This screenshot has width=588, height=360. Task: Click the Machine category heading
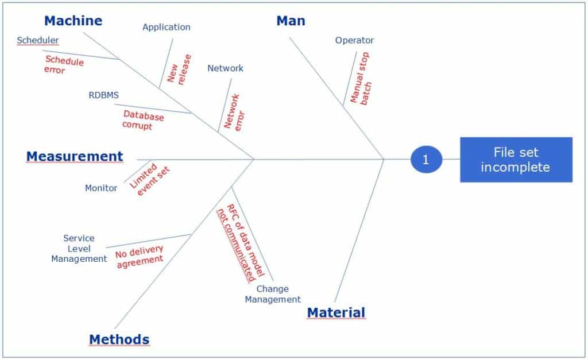coord(73,21)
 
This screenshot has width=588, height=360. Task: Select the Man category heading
coord(291,21)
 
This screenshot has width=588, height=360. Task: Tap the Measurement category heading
coord(75,156)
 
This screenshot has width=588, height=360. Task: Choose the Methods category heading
coord(119,339)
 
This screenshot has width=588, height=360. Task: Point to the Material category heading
coord(336,312)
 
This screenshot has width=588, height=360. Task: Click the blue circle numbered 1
coord(426,160)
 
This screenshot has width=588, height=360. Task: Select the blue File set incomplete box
coord(516,160)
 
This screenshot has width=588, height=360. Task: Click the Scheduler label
coord(38,40)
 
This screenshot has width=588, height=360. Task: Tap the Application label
coord(167,27)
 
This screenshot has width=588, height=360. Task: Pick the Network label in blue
coord(225,68)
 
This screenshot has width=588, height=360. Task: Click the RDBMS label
coord(104,95)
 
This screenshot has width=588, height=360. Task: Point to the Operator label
coord(354,40)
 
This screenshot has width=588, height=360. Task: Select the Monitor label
coord(101,188)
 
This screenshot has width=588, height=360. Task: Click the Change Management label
coord(273,294)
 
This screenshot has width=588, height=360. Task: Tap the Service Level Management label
coord(79,248)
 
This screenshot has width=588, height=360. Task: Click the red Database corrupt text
coord(142,120)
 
